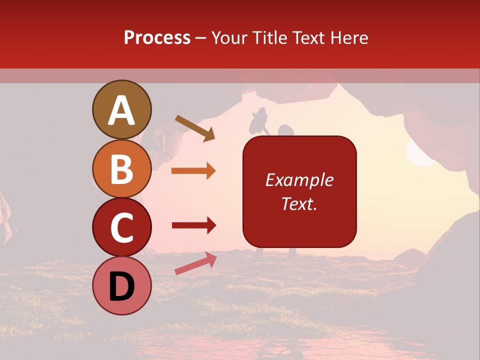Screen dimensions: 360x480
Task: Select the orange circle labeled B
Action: [x=121, y=169]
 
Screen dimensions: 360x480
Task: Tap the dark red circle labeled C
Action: [x=121, y=227]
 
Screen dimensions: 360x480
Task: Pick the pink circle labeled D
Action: [x=121, y=286]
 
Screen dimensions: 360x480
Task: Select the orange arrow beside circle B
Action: [x=193, y=170]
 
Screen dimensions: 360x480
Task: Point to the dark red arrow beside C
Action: [x=193, y=225]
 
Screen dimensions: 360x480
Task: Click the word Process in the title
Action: [x=157, y=37]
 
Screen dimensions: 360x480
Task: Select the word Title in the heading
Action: [x=269, y=37]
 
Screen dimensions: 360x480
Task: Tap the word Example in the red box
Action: [x=299, y=180]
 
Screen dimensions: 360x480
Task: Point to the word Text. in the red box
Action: [x=299, y=203]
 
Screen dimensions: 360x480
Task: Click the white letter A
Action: [x=121, y=110]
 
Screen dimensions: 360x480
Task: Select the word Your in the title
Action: [x=228, y=37]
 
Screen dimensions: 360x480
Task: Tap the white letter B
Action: [x=121, y=169]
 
